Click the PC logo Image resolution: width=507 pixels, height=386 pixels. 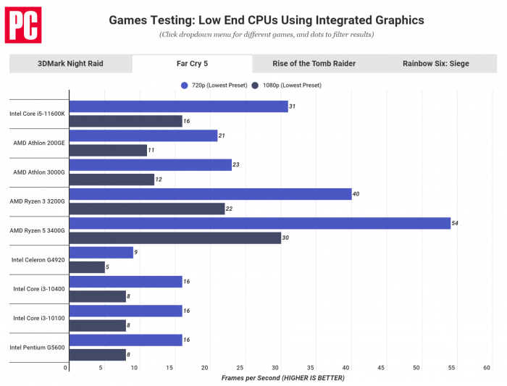[x=23, y=25]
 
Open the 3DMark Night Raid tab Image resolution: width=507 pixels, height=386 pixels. [x=70, y=64]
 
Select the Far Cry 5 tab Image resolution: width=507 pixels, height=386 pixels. [x=192, y=64]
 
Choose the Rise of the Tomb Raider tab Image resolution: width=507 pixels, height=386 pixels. [x=314, y=64]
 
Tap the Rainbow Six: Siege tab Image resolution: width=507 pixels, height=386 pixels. [x=435, y=64]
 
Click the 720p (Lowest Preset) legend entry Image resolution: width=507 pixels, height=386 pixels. [x=214, y=85]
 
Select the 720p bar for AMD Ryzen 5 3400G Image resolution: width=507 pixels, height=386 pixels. [x=259, y=223]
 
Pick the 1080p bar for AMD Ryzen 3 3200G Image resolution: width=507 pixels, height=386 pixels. [x=146, y=209]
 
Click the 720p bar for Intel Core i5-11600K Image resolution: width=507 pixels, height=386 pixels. [x=178, y=106]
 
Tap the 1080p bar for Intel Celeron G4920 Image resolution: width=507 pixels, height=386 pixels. [x=87, y=267]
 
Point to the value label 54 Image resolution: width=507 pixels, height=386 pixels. [x=456, y=223]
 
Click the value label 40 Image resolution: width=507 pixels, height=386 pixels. [x=356, y=194]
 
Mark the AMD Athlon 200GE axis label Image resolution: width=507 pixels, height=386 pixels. [x=39, y=143]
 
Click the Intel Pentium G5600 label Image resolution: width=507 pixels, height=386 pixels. [x=37, y=347]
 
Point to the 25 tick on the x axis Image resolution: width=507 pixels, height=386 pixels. [x=240, y=368]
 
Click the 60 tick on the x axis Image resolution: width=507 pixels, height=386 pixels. [x=487, y=368]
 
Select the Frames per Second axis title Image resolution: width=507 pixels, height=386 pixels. [x=282, y=378]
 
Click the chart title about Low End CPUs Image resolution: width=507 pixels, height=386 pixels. [x=267, y=20]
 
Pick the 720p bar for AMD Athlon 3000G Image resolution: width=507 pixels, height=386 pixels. [x=150, y=164]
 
